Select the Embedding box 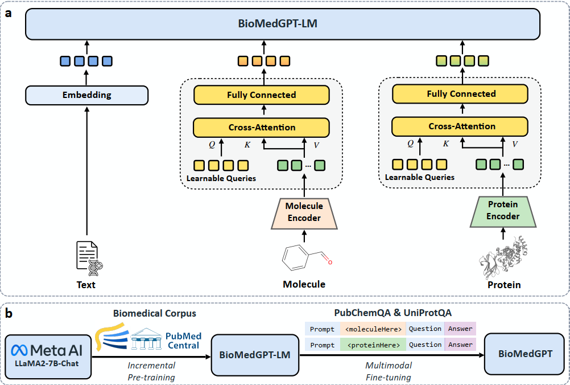pyautogui.click(x=86, y=95)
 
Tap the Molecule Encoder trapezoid pyautogui.click(x=304, y=212)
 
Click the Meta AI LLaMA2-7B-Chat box pyautogui.click(x=49, y=355)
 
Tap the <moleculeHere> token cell pyautogui.click(x=373, y=329)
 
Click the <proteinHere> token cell pyautogui.click(x=373, y=345)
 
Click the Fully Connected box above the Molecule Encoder pyautogui.click(x=262, y=95)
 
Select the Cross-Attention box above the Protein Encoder pyautogui.click(x=461, y=126)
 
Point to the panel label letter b pyautogui.click(x=9, y=313)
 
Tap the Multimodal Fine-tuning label pyautogui.click(x=387, y=371)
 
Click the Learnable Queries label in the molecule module pyautogui.click(x=221, y=178)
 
